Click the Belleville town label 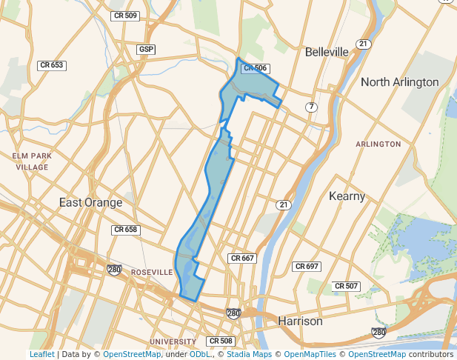(x=327, y=52)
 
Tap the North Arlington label (x=399, y=81)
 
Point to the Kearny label (x=347, y=196)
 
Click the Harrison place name (x=300, y=321)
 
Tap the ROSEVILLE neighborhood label (x=151, y=273)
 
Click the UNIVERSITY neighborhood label (x=173, y=341)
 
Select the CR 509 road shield (x=125, y=16)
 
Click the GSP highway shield (x=146, y=50)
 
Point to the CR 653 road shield (x=52, y=65)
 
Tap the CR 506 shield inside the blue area (x=254, y=68)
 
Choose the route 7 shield (x=312, y=107)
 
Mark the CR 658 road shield (x=125, y=230)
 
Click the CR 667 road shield (x=242, y=259)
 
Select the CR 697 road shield (x=306, y=266)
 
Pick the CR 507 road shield (x=346, y=286)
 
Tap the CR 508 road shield (x=221, y=341)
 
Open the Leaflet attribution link (x=41, y=355)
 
